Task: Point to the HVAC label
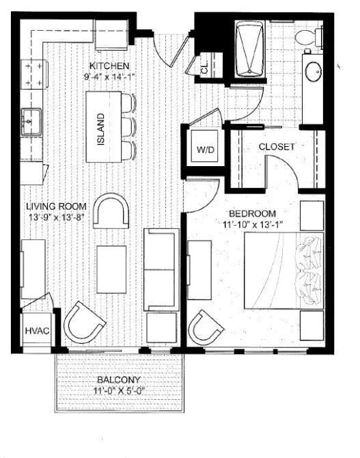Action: point(36,331)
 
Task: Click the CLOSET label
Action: point(276,147)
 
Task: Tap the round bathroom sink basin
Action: point(314,71)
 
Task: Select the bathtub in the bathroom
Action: point(249,50)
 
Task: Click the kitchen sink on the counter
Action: point(31,123)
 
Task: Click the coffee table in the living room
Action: point(111,262)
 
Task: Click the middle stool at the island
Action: point(128,126)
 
